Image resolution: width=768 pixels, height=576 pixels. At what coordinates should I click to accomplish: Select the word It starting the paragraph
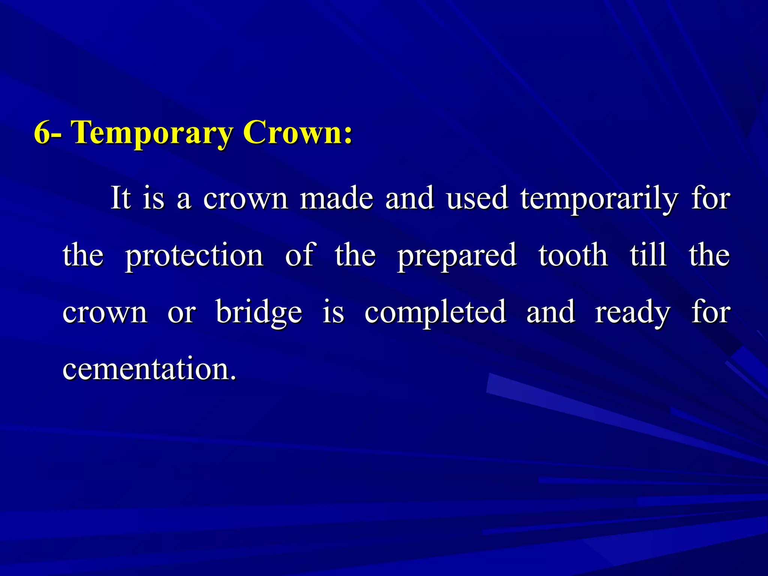[x=121, y=198]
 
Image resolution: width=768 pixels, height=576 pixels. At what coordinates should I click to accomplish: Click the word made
[x=336, y=198]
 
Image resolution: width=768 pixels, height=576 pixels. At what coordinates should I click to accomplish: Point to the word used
[x=477, y=198]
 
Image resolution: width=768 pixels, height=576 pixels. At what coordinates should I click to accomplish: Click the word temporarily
[x=599, y=199]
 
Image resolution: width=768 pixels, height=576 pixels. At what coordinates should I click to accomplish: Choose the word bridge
[x=259, y=312]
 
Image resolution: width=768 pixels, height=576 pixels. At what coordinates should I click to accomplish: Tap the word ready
[x=632, y=313]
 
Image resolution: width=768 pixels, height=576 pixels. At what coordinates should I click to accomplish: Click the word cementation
[x=149, y=368]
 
